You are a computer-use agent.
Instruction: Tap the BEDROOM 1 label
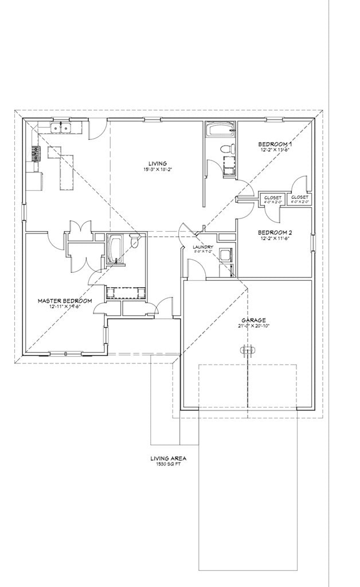[275, 144]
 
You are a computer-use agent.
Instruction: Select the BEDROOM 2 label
[275, 232]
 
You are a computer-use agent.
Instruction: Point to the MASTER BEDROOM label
[65, 300]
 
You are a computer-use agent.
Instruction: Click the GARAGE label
[253, 320]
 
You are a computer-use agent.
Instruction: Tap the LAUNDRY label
[203, 246]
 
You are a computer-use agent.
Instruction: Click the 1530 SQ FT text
[168, 465]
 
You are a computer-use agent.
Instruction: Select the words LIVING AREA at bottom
[168, 459]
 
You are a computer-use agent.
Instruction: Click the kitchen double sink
[60, 127]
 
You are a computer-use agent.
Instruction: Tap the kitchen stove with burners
[36, 153]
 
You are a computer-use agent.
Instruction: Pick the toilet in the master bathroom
[135, 242]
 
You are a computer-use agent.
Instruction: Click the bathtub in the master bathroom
[114, 250]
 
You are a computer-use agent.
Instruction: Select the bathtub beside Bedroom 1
[220, 129]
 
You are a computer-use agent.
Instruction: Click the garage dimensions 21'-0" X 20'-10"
[253, 326]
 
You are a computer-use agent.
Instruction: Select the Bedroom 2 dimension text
[275, 238]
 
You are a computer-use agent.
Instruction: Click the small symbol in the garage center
[247, 350]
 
